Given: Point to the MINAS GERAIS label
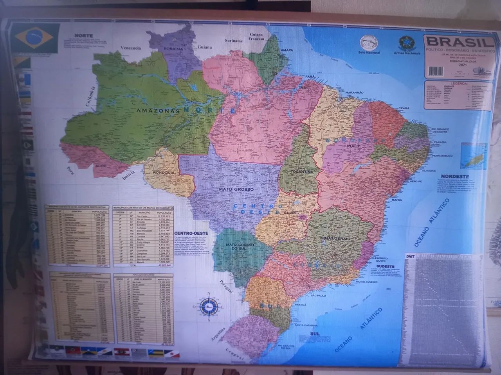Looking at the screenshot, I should (x=334, y=238).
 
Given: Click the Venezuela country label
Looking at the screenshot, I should (x=130, y=48).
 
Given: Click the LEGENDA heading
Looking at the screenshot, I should (x=459, y=84).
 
